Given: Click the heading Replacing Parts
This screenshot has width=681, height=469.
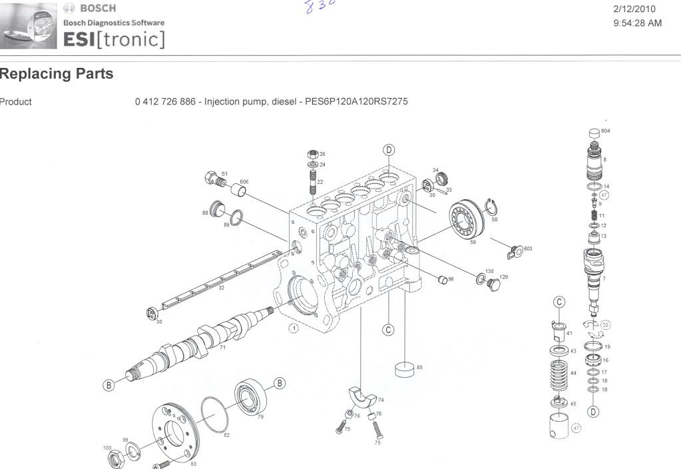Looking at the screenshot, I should (57, 74).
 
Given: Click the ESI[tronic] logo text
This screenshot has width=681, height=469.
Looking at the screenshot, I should (114, 39).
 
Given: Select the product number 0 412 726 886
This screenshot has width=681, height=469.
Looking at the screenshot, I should (166, 102).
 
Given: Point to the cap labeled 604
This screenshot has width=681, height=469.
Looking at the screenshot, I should (594, 133).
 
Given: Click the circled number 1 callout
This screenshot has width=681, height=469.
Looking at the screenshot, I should (293, 328).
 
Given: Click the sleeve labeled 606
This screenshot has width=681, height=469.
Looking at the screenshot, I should (239, 193).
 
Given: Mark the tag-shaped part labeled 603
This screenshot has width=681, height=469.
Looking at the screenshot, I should (513, 251).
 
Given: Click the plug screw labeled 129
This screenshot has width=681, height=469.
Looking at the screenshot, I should (493, 285).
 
